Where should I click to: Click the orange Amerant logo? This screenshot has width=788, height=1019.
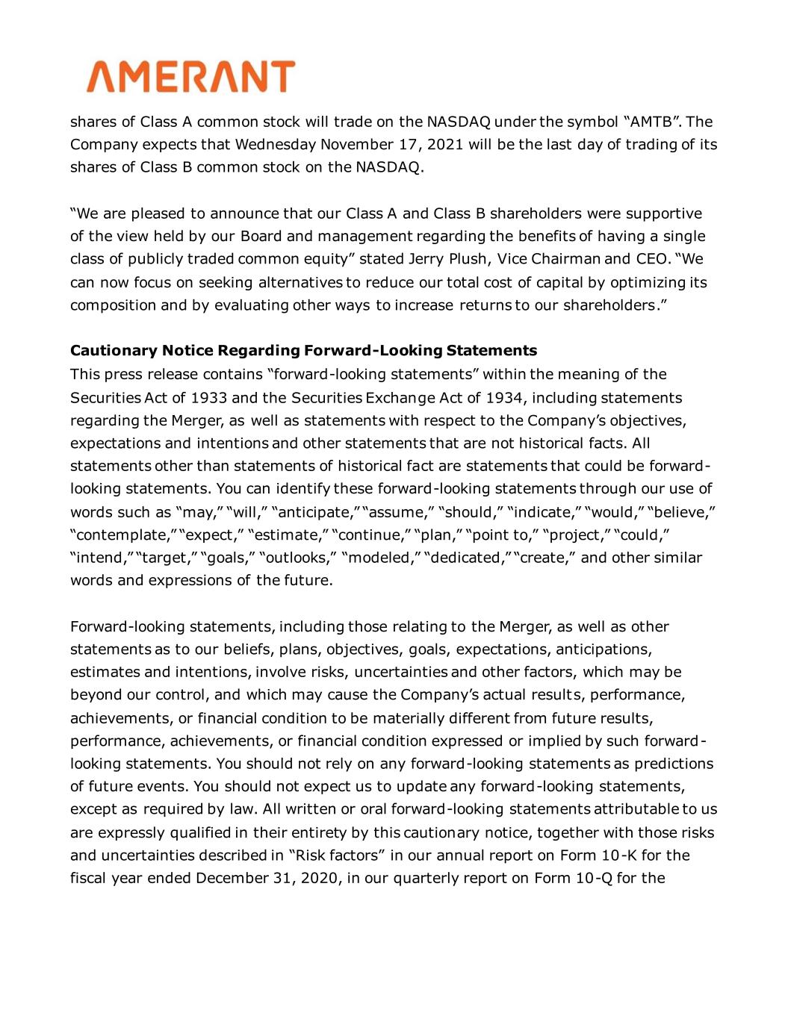tap(190, 77)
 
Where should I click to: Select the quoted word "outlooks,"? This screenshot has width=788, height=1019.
tap(297, 558)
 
